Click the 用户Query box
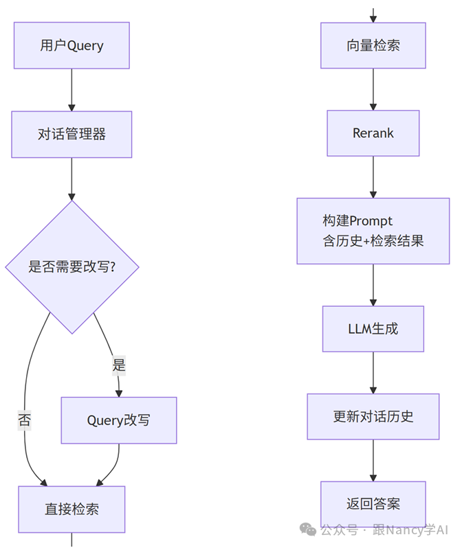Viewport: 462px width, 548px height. [71, 45]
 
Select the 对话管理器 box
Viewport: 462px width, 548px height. [71, 135]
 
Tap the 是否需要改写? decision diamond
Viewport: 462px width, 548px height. [71, 266]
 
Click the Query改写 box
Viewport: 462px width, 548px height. [118, 420]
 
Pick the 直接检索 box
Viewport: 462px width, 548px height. [71, 510]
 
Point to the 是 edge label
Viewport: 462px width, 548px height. [119, 365]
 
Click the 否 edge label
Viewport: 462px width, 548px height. [25, 420]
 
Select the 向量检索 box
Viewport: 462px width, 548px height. [373, 45]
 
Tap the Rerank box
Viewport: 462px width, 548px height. [373, 133]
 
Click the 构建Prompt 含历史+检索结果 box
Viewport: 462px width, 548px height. [373, 231]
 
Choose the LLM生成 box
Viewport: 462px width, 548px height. [373, 328]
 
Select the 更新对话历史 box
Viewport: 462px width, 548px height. [373, 416]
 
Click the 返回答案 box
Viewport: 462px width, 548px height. [373, 504]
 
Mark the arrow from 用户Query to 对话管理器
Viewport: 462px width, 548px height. [71, 89]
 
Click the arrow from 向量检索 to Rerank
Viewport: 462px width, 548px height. [373, 89]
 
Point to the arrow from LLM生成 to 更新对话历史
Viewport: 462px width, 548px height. [373, 372]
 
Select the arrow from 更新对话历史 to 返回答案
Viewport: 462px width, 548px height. [373, 460]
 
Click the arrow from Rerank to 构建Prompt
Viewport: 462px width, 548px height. [373, 177]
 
